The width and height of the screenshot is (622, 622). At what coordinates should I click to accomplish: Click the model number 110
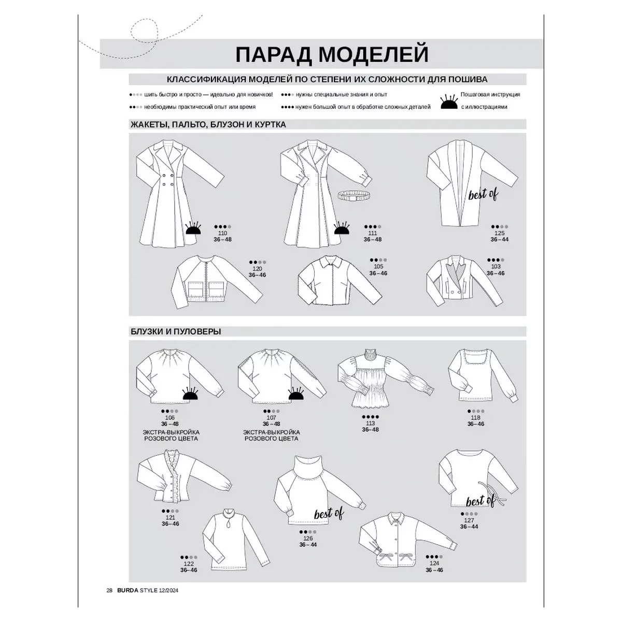222,233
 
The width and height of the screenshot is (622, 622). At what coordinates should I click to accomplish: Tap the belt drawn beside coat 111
355,195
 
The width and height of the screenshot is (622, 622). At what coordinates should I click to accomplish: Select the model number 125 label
499,233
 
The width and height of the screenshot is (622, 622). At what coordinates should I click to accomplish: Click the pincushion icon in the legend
449,102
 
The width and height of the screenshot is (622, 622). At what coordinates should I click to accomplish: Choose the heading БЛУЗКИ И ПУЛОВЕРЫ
176,332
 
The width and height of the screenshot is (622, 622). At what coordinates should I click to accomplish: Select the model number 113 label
370,423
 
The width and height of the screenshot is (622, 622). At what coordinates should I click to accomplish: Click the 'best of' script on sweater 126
329,514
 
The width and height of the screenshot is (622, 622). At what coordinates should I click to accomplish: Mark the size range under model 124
434,570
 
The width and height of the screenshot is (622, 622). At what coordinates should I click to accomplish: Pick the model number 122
189,563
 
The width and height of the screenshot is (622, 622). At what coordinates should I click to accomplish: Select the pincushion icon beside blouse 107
296,394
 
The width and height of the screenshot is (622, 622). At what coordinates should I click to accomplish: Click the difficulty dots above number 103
496,260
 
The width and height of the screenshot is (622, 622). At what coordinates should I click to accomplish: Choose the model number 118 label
475,418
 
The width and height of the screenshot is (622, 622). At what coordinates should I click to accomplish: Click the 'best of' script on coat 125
483,194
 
